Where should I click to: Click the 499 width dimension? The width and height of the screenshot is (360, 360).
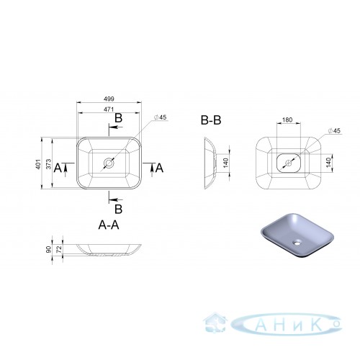pyautogui.click(x=109, y=99)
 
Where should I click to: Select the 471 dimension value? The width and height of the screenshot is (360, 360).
pyautogui.click(x=109, y=109)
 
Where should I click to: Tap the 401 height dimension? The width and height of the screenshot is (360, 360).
pyautogui.click(x=38, y=164)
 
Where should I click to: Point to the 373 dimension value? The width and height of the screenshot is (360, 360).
pyautogui.click(x=49, y=164)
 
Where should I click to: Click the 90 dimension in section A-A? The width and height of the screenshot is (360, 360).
pyautogui.click(x=49, y=249)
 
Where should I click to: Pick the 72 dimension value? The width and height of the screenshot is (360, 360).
pyautogui.click(x=59, y=249)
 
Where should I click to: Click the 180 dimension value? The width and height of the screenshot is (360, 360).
pyautogui.click(x=287, y=120)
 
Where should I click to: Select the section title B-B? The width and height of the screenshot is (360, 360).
pyautogui.click(x=211, y=120)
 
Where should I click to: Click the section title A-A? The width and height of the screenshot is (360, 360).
pyautogui.click(x=109, y=225)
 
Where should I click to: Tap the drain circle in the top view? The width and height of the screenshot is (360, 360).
pyautogui.click(x=109, y=163)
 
